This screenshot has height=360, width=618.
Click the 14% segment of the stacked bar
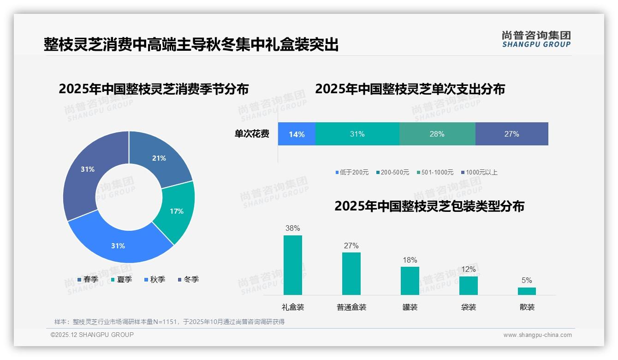(x=297, y=134)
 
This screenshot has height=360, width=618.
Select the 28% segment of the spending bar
(x=437, y=134)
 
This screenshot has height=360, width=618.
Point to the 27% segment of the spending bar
(x=511, y=134)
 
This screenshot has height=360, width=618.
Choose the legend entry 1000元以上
(x=481, y=173)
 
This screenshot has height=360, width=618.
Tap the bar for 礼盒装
(x=293, y=265)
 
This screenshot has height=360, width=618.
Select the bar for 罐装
(x=410, y=281)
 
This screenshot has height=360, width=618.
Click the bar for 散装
(x=527, y=291)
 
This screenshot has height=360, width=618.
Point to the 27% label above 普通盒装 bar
(x=351, y=246)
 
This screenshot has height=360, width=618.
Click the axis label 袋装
(x=469, y=307)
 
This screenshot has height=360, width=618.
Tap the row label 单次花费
(x=252, y=134)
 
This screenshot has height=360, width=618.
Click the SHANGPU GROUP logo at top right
(x=536, y=39)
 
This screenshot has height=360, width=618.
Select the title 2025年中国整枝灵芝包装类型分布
(x=429, y=206)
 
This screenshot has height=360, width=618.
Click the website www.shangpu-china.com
(x=537, y=335)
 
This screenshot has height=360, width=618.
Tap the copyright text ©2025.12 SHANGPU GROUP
(x=92, y=335)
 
